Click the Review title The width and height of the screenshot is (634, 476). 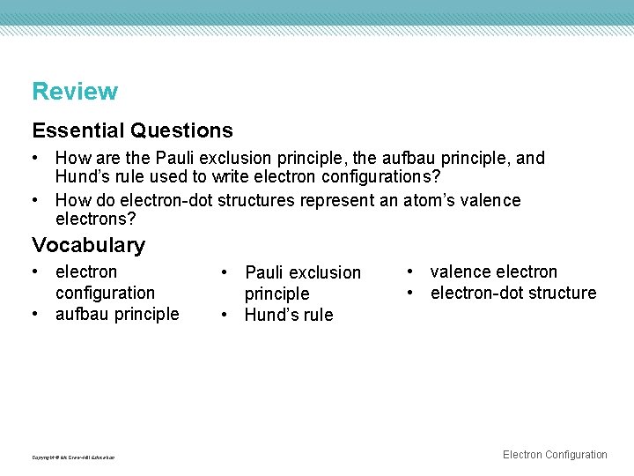75,91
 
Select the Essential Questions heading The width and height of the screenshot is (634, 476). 132,130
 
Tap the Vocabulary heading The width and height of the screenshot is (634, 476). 88,244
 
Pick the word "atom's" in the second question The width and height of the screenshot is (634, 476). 429,200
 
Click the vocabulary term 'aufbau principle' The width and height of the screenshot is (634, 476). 117,314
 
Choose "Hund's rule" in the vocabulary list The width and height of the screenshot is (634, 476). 289,315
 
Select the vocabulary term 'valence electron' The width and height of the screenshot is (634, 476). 494,271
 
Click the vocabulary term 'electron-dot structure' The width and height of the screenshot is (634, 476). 513,293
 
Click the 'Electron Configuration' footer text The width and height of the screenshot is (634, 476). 555,455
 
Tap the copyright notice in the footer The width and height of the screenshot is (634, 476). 73,457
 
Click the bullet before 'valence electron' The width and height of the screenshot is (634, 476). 411,271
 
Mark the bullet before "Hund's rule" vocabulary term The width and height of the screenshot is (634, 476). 225,315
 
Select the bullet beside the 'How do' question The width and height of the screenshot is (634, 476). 36,200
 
